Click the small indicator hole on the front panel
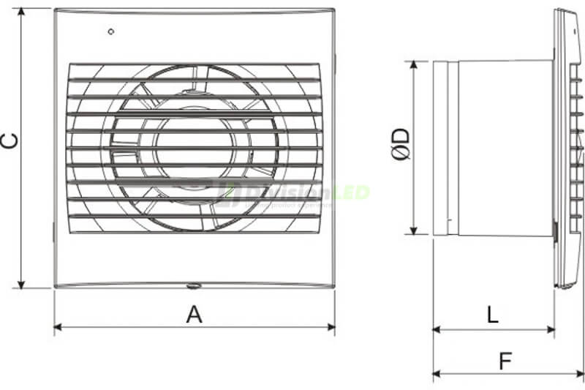coord(110,31)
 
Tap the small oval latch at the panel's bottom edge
coord(194,287)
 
